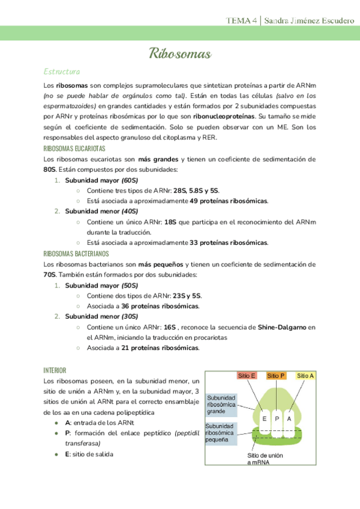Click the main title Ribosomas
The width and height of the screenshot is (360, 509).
(x=180, y=55)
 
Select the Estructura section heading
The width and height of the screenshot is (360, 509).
(x=62, y=72)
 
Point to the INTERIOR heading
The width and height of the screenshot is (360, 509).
(x=55, y=370)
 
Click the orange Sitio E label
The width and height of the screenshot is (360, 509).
(x=247, y=376)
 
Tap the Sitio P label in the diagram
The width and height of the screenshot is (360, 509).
(x=276, y=376)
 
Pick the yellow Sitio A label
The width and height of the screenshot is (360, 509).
(x=305, y=376)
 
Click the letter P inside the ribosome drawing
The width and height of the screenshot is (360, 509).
(x=276, y=419)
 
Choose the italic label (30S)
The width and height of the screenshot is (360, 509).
(x=130, y=317)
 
